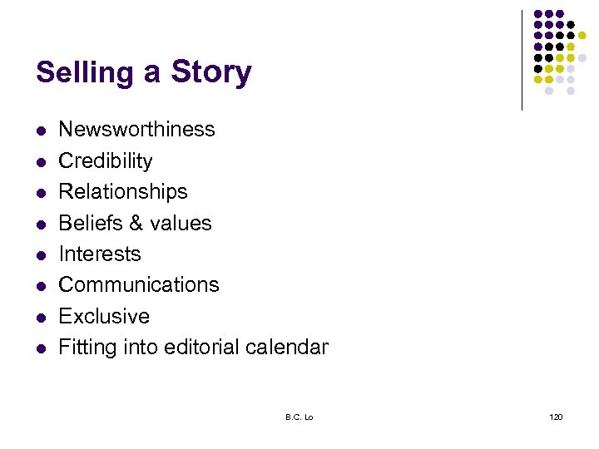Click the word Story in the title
click(x=210, y=72)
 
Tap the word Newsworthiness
click(x=136, y=130)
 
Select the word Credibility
click(x=106, y=160)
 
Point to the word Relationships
click(x=123, y=191)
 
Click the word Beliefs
click(x=91, y=223)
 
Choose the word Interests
click(x=100, y=254)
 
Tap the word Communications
click(x=139, y=284)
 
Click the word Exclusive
click(x=104, y=316)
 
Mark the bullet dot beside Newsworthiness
click(x=41, y=131)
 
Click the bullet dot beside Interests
click(x=41, y=254)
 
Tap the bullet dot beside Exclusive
click(x=41, y=317)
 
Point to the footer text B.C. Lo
click(x=299, y=417)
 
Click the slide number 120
click(x=556, y=417)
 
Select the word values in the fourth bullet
click(x=184, y=223)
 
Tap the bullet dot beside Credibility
click(x=41, y=161)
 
